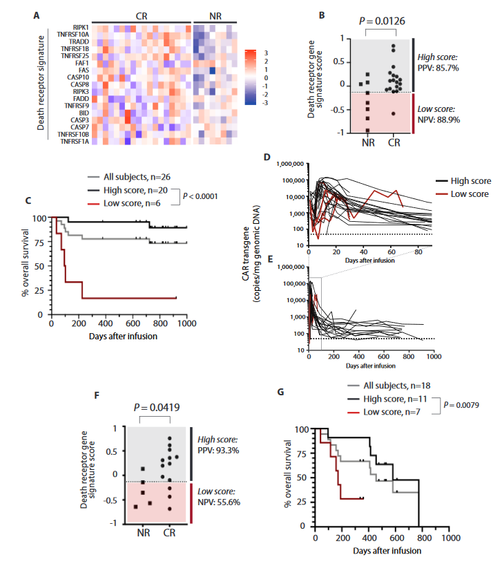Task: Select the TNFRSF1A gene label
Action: pos(74,142)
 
